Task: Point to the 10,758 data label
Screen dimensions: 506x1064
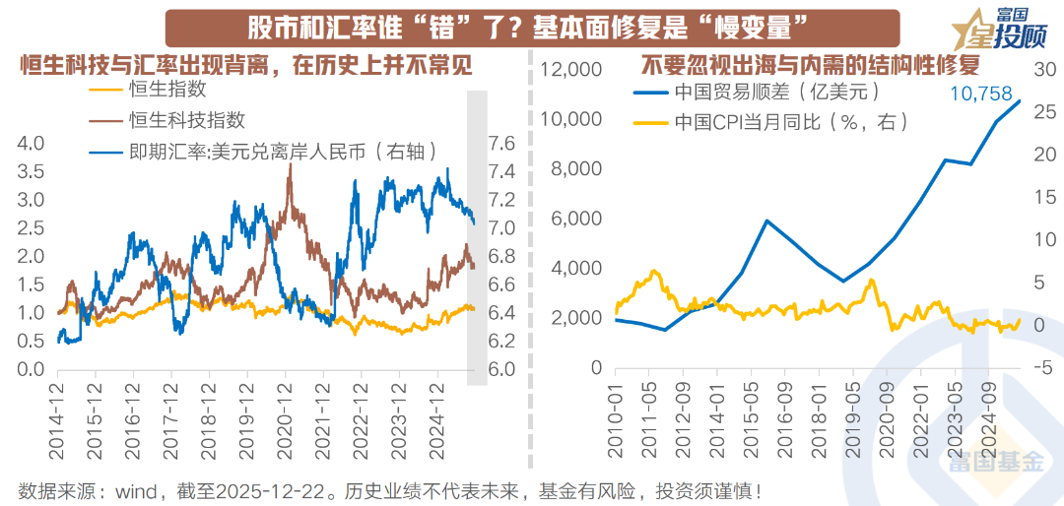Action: coord(980,94)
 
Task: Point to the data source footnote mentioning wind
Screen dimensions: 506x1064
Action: coord(389,489)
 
